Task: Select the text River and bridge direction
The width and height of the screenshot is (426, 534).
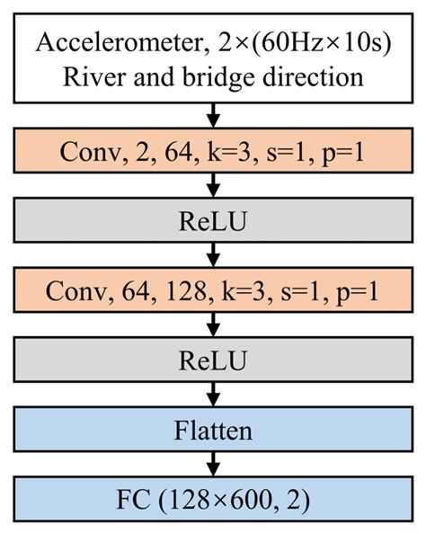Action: pyautogui.click(x=213, y=76)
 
